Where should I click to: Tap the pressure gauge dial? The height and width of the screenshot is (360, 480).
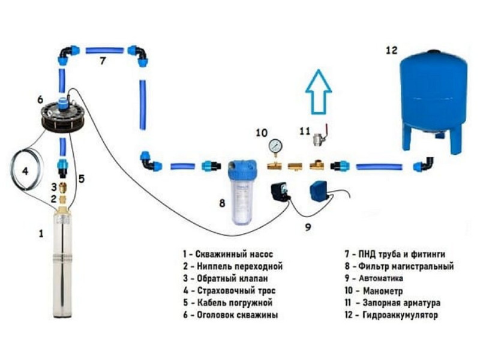click(x=275, y=145)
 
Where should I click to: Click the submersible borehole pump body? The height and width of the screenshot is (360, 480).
click(x=62, y=263)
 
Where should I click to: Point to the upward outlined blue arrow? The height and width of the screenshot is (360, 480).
click(x=319, y=92)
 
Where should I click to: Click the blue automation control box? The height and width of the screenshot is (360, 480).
click(x=320, y=191)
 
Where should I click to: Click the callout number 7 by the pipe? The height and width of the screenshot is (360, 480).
click(x=103, y=61)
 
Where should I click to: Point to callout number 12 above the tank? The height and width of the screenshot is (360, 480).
click(x=392, y=50)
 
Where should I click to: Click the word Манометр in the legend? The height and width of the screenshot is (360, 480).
click(x=383, y=291)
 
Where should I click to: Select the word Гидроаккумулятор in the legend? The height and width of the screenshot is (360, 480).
click(x=400, y=315)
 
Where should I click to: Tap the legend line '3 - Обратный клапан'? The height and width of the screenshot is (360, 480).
click(x=226, y=278)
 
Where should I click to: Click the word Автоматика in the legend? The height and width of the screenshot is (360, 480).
click(x=381, y=278)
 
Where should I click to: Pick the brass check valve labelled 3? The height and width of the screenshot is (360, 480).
click(x=63, y=187)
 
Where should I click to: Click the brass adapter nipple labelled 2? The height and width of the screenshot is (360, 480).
click(x=63, y=199)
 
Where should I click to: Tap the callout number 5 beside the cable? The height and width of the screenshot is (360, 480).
click(x=81, y=179)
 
